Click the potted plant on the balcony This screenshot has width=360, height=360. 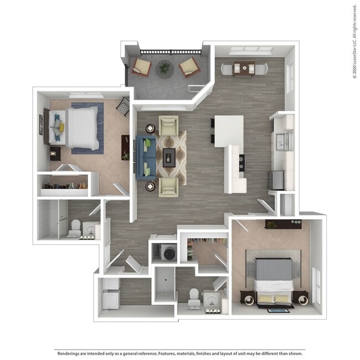click(x=164, y=68)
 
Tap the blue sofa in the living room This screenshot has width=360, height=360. click(x=146, y=157)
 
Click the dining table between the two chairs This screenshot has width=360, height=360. click(x=244, y=68)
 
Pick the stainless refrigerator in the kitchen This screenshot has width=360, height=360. click(x=276, y=179)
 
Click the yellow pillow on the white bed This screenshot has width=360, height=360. click(x=61, y=127)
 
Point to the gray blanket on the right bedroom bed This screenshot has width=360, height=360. click(x=274, y=269)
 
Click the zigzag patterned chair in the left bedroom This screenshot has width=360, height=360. click(x=123, y=106)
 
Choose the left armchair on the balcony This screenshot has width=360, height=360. click(x=141, y=68)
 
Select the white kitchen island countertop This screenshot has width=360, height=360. click(x=229, y=130)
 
